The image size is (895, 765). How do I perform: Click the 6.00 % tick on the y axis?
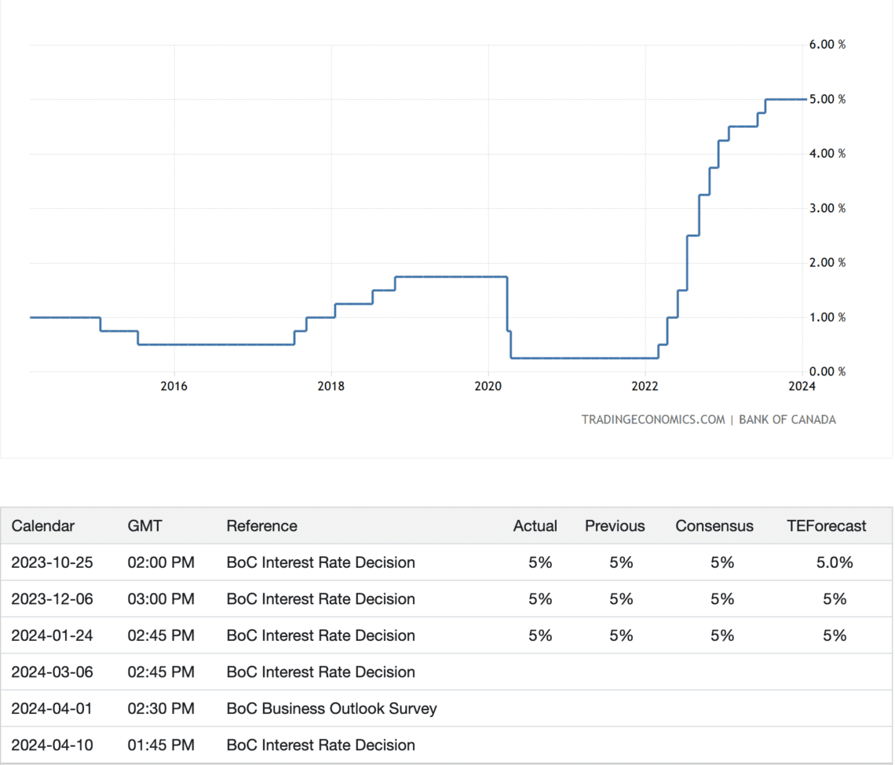tap(827, 45)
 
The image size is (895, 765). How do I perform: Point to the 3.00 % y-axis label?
tap(827, 208)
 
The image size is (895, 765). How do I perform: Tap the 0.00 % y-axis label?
tap(827, 372)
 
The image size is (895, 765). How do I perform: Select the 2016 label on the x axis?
tap(174, 386)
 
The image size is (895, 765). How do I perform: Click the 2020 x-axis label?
tap(488, 386)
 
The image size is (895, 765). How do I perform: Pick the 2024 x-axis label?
tap(802, 386)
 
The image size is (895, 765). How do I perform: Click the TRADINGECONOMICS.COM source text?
tap(653, 419)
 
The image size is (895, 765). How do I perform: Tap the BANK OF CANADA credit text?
tap(787, 419)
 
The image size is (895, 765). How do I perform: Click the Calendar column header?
tap(43, 526)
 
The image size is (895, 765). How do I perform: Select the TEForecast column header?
tap(826, 526)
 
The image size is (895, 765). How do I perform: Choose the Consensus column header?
tap(714, 526)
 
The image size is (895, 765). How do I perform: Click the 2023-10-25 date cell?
tap(52, 562)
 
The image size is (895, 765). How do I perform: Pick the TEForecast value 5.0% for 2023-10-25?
tap(835, 562)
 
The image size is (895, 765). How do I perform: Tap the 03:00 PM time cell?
tap(160, 599)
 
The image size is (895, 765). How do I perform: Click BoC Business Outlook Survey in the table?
tap(331, 708)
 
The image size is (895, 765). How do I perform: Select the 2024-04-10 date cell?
tap(52, 745)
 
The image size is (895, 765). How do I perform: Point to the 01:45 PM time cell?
tap(160, 745)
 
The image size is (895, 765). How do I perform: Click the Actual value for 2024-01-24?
tap(540, 635)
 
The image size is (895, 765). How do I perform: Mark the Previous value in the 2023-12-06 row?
tap(621, 599)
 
